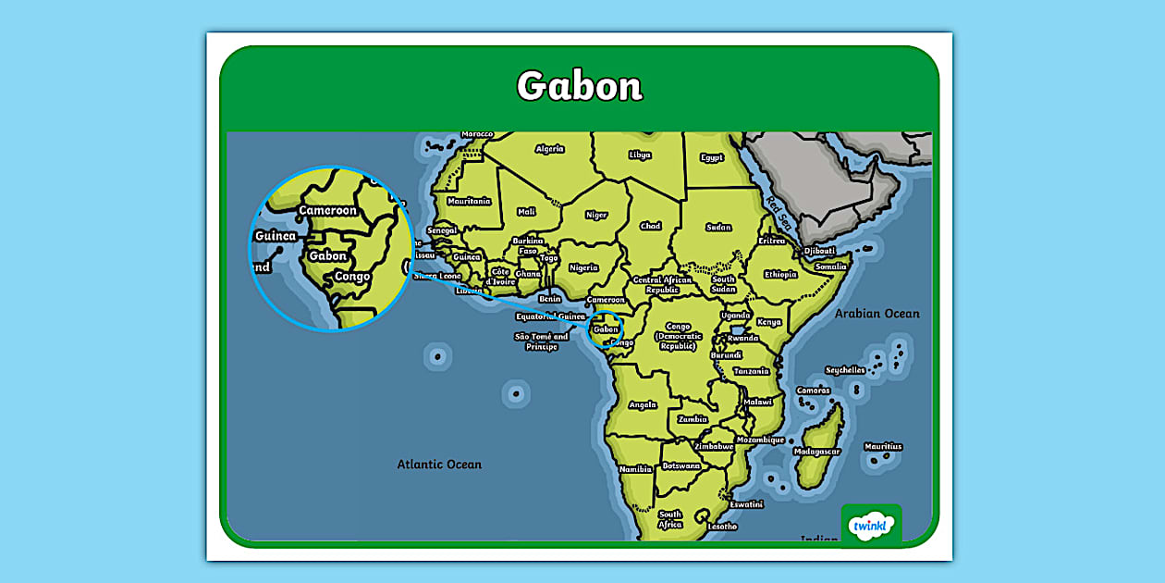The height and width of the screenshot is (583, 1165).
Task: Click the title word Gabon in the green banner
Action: [579, 86]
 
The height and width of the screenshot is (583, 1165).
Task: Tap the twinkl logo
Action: [870, 526]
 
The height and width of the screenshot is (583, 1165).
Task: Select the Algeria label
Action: [549, 148]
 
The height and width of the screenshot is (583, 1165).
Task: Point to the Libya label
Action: [639, 155]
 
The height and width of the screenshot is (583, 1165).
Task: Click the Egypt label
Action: [711, 157]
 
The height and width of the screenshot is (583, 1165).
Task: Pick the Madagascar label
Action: [816, 452]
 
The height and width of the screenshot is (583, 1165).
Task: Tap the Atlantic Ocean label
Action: [439, 465]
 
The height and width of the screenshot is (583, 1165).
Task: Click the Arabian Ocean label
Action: [877, 314]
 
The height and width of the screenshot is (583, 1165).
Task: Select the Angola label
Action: [642, 404]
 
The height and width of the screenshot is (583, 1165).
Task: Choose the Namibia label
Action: [635, 469]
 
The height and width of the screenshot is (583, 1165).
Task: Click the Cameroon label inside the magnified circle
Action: [327, 211]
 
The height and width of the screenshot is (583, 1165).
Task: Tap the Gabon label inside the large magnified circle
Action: [328, 256]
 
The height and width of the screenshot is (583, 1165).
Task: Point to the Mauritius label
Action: [883, 447]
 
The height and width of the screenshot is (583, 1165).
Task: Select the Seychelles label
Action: [845, 370]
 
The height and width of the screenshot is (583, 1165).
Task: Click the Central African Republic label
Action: [662, 284]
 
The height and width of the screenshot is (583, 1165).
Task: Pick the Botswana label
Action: [681, 465]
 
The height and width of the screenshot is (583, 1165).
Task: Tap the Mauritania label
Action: [468, 201]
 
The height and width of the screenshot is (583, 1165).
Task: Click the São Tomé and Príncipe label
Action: [541, 341]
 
